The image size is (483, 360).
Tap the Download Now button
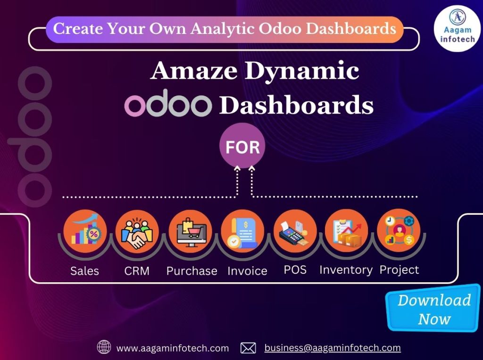[433, 308]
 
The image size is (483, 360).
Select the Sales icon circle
[85, 231]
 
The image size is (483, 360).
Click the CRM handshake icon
[137, 231]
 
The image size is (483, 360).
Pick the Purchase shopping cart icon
[191, 231]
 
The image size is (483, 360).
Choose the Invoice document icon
[243, 231]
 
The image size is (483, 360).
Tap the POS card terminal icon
[295, 231]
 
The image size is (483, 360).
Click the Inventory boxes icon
[347, 231]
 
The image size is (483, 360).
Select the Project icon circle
[399, 230]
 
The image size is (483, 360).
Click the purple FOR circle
[242, 146]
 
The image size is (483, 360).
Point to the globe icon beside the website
[104, 347]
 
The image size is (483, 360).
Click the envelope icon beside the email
[248, 348]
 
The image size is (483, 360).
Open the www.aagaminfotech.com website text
[173, 348]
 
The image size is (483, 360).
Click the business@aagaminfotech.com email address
[333, 348]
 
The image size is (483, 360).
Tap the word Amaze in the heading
[194, 71]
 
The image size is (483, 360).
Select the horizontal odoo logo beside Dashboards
[168, 103]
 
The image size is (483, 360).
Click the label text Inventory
[346, 270]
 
